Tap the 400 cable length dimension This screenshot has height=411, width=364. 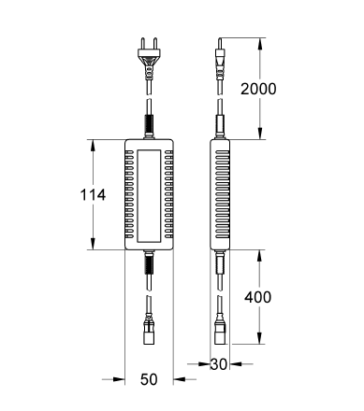pyautogui.click(x=257, y=297)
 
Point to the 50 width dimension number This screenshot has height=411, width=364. pyautogui.click(x=149, y=380)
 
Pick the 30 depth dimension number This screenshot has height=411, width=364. pyautogui.click(x=218, y=363)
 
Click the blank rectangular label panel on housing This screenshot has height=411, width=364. pyautogui.click(x=148, y=195)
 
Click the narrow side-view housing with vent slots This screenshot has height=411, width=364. pyautogui.click(x=218, y=195)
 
